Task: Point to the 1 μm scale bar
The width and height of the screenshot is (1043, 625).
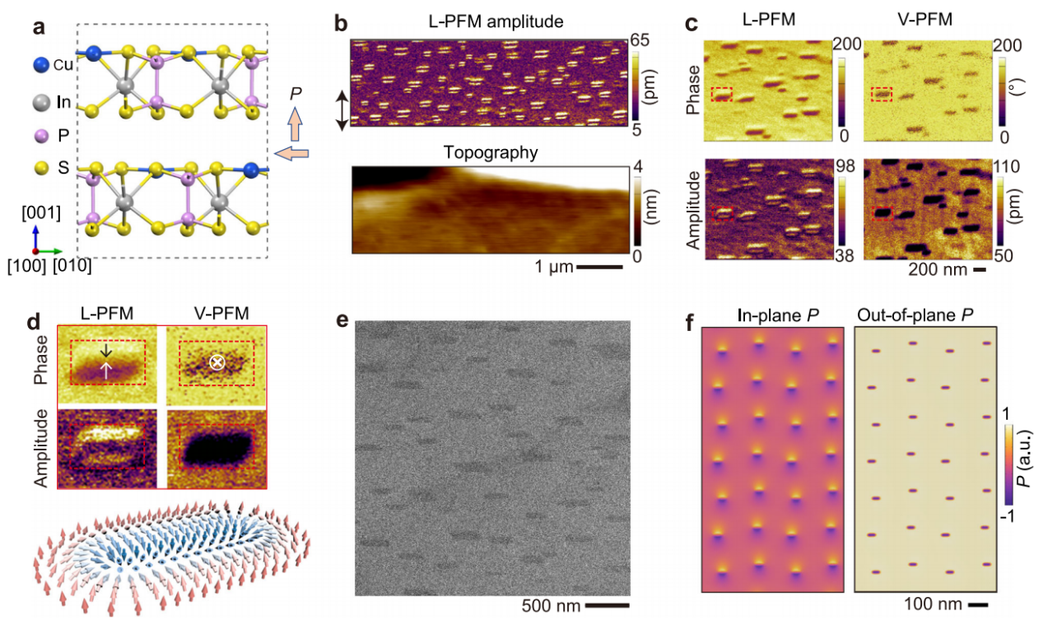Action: pos(599,267)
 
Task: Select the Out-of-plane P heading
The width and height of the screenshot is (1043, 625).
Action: pos(926,315)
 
